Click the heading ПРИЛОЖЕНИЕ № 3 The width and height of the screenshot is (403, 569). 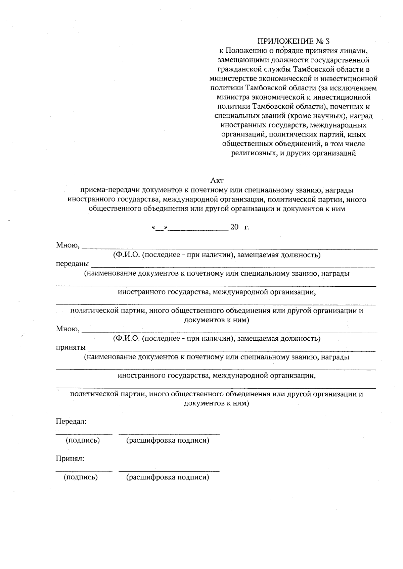(294, 42)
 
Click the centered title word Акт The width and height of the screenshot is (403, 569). (217, 181)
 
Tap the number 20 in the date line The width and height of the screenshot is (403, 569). (234, 227)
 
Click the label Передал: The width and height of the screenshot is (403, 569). (71, 421)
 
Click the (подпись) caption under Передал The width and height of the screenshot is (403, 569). (83, 440)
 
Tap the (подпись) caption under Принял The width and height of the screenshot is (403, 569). (81, 477)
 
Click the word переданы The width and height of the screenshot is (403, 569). (72, 264)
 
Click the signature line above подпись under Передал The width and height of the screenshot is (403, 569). (84, 434)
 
